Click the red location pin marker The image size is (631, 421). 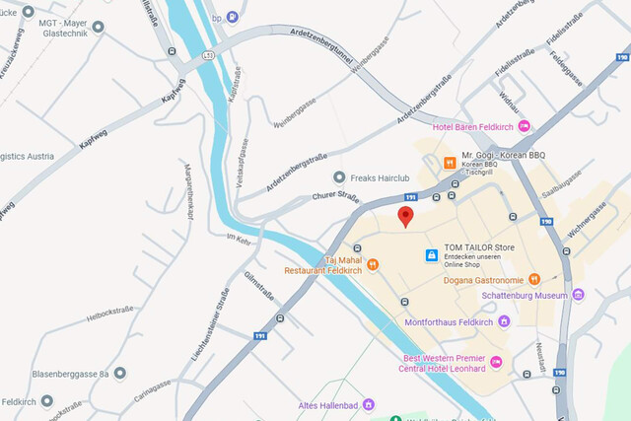(405, 217)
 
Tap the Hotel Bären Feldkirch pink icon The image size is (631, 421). (525, 126)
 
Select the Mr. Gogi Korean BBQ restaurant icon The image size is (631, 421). (450, 162)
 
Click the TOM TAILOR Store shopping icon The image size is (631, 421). (431, 255)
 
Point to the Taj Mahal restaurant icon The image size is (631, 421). (373, 263)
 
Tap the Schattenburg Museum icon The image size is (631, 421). (578, 294)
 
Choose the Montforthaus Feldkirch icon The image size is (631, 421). (504, 321)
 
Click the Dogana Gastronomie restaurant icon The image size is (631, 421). (534, 279)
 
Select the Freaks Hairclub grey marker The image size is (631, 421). (339, 177)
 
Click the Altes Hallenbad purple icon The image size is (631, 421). (369, 404)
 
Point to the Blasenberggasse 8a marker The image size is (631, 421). (119, 373)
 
